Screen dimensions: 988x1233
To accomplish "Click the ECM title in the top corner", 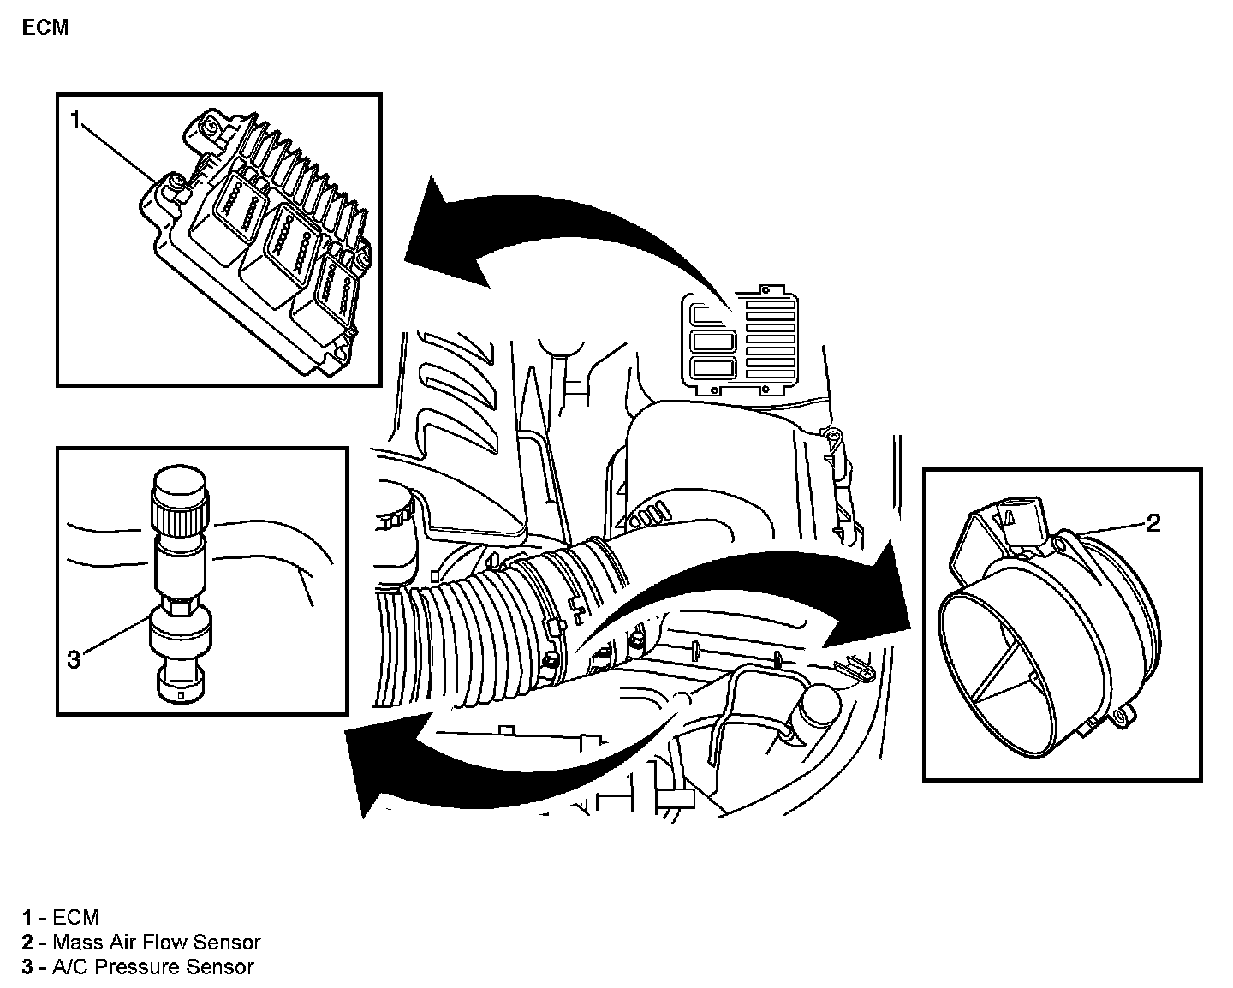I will (45, 27).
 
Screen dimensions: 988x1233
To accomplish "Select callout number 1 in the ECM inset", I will (75, 121).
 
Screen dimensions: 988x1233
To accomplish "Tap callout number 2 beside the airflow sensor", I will (1153, 522).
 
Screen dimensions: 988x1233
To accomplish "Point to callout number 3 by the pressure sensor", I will (74, 659).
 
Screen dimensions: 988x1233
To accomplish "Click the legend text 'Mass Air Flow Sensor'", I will (156, 943).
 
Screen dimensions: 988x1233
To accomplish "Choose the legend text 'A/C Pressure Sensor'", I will (152, 967).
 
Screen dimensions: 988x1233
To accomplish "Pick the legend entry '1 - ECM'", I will (62, 918).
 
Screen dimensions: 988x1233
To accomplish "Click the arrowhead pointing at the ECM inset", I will (441, 235).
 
